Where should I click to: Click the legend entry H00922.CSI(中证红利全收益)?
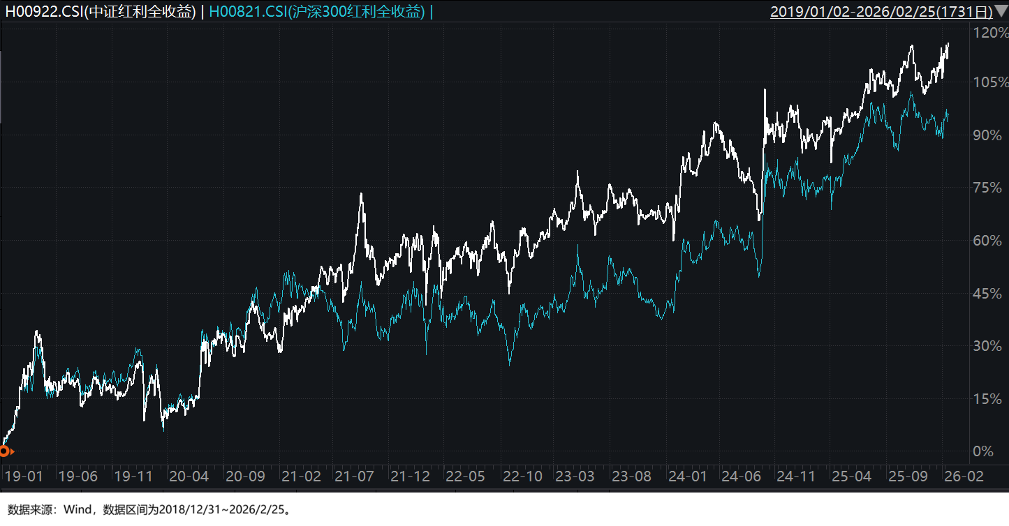point(101,12)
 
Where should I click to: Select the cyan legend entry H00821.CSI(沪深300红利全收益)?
point(317,12)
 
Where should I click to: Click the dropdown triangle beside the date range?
point(1001,11)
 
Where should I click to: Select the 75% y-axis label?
point(989,188)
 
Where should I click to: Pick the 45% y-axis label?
point(989,294)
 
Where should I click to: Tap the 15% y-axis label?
point(989,399)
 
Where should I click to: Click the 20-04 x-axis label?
point(189,476)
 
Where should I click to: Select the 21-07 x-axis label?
point(353,476)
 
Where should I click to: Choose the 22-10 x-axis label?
point(522,476)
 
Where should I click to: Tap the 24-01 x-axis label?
point(687,476)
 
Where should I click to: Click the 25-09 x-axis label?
point(908,476)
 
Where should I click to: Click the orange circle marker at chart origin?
point(4,451)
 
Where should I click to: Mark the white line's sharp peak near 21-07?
point(361,194)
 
